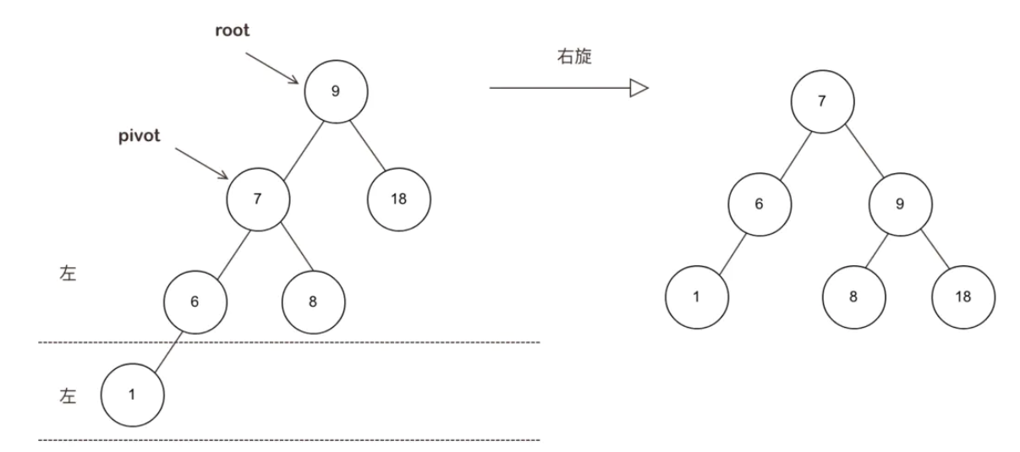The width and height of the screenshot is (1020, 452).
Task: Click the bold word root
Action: [x=233, y=30]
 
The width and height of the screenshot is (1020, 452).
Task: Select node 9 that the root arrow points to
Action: [x=336, y=91]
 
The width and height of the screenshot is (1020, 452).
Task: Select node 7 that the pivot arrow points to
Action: [x=259, y=199]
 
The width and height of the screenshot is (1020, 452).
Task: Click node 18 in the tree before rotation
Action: [x=399, y=199]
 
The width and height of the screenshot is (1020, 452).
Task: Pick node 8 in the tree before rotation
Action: [x=313, y=302]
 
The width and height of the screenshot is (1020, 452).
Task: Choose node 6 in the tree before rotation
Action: [x=195, y=302]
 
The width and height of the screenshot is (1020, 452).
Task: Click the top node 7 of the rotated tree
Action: [x=822, y=101]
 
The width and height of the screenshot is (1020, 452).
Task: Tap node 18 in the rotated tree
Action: [x=963, y=297]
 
